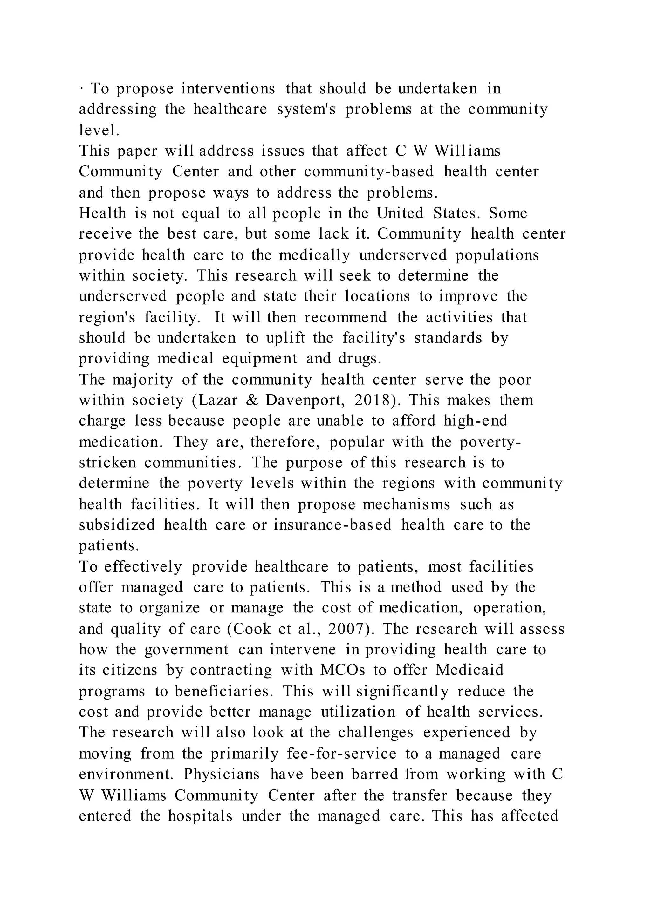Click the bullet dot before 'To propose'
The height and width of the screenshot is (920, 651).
[81, 89]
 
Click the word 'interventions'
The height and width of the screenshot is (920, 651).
[228, 89]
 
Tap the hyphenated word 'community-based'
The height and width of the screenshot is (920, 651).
[369, 172]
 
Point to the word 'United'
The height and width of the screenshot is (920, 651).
[400, 213]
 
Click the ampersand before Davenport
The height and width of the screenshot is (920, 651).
[251, 400]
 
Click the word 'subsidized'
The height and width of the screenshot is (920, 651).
[117, 525]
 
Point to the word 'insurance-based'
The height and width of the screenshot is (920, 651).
[333, 525]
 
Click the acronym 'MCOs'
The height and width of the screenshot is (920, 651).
[343, 670]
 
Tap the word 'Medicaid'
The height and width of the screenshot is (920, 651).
[469, 670]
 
